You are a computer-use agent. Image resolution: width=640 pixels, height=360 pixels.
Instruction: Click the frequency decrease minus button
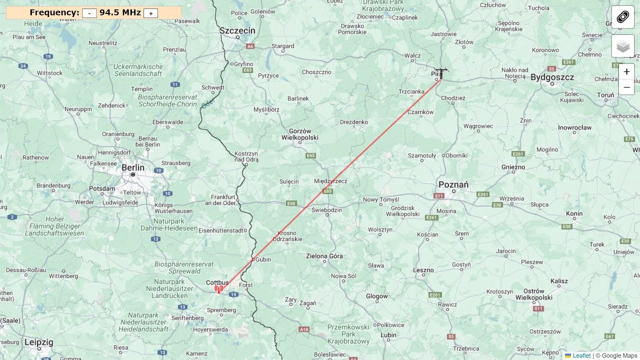[89, 13]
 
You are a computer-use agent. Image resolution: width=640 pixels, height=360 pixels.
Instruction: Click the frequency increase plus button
[150, 13]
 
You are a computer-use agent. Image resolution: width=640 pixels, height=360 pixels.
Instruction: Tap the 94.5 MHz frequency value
[120, 12]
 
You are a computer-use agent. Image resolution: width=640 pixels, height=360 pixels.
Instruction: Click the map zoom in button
[626, 71]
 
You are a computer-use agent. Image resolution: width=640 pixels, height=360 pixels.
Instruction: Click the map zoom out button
[626, 87]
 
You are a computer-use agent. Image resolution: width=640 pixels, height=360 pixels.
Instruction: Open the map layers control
[623, 46]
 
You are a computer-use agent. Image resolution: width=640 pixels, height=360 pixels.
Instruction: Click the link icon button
[623, 17]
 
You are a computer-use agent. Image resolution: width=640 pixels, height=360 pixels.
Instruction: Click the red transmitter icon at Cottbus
[218, 289]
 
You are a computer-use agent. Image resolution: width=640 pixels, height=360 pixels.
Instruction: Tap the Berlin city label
[133, 167]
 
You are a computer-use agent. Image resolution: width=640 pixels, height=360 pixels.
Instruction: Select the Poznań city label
[453, 184]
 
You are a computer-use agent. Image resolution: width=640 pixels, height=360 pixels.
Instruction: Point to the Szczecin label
[237, 30]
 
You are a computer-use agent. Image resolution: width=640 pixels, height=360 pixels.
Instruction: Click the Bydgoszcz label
[552, 77]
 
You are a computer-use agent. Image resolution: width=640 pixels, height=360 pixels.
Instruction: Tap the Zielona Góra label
[324, 256]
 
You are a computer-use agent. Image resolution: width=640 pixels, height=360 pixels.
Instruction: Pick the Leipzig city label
[38, 342]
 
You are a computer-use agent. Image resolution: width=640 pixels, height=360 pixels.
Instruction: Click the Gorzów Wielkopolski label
[300, 134]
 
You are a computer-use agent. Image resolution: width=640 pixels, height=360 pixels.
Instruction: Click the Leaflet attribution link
[581, 355]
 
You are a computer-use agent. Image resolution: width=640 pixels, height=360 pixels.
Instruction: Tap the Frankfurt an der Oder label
[223, 200]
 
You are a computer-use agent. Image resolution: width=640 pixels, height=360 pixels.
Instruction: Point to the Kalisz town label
[559, 281]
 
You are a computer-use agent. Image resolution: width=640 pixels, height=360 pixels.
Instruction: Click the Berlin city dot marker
[133, 174]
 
